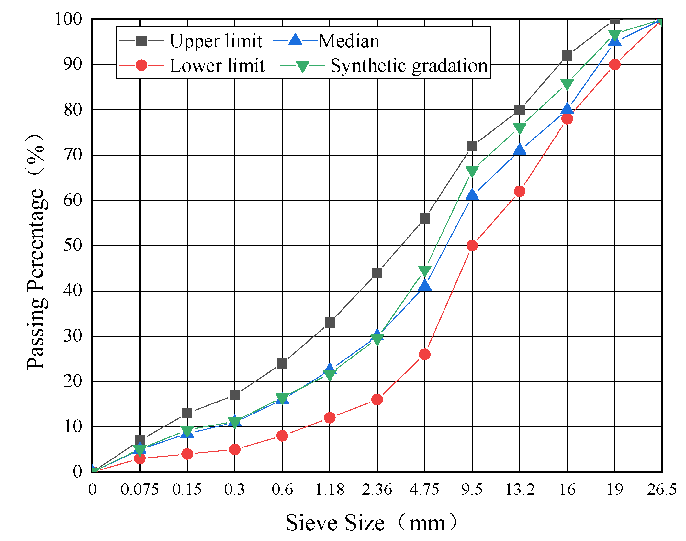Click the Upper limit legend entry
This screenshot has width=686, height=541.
215,41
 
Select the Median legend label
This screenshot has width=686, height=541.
348,41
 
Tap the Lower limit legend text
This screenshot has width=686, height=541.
217,66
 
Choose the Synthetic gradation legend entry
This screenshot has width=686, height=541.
409,66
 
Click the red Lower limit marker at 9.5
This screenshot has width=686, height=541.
472,246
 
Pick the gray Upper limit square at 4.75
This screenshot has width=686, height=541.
424,218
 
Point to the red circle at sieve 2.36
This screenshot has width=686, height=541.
377,400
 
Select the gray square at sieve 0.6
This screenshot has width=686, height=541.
282,363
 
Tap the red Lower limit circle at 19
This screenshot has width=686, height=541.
614,64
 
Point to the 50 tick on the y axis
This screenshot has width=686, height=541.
73,246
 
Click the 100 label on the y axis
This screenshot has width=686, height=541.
68,19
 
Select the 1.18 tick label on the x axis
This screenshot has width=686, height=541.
330,490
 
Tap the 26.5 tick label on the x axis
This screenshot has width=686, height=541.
662,490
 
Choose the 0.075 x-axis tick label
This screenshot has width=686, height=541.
140,490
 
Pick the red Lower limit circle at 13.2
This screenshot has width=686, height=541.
520,191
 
